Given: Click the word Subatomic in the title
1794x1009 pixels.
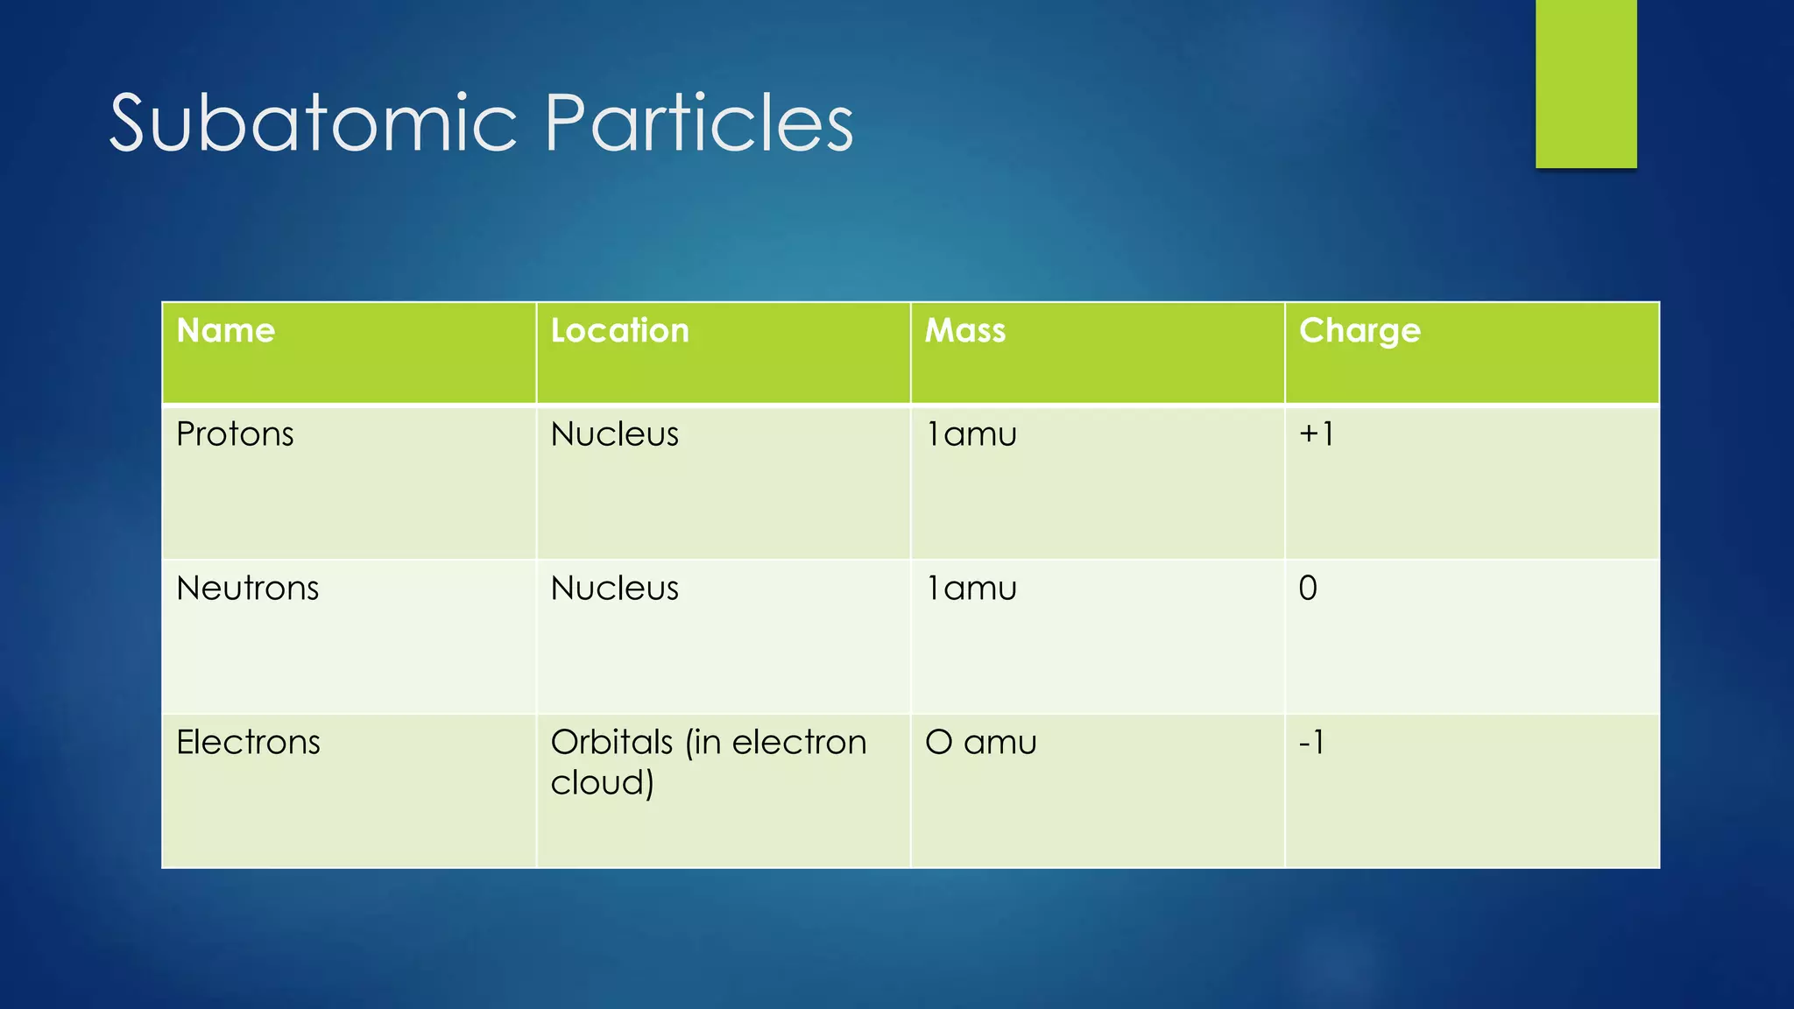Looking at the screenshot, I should [313, 124].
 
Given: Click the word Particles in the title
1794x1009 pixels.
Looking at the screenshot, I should [698, 124].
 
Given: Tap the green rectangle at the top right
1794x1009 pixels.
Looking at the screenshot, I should [1586, 83].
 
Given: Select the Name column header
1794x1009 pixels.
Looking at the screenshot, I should [226, 331].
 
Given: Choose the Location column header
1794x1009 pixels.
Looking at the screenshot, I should [619, 331].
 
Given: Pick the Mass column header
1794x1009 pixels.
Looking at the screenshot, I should [965, 331].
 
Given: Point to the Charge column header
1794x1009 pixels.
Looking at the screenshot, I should [1360, 331].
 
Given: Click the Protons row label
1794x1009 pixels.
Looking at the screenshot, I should [235, 434].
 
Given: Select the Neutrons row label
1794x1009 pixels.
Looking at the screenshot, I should [247, 589].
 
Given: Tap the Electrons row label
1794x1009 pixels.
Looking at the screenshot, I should [248, 743].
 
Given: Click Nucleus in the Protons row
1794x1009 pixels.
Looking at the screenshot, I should [614, 434].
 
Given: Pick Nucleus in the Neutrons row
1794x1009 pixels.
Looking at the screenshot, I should [614, 589].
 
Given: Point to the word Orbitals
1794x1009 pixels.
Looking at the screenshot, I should [611, 743].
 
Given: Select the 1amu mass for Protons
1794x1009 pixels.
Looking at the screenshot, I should [971, 434].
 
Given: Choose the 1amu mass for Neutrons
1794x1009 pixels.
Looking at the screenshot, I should [971, 589].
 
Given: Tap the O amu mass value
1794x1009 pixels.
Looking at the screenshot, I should [980, 743].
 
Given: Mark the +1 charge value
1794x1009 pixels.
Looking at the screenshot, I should [1316, 434].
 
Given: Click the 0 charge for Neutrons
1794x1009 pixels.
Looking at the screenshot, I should [1308, 589].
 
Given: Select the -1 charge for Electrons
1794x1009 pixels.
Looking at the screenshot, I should [1311, 743].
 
